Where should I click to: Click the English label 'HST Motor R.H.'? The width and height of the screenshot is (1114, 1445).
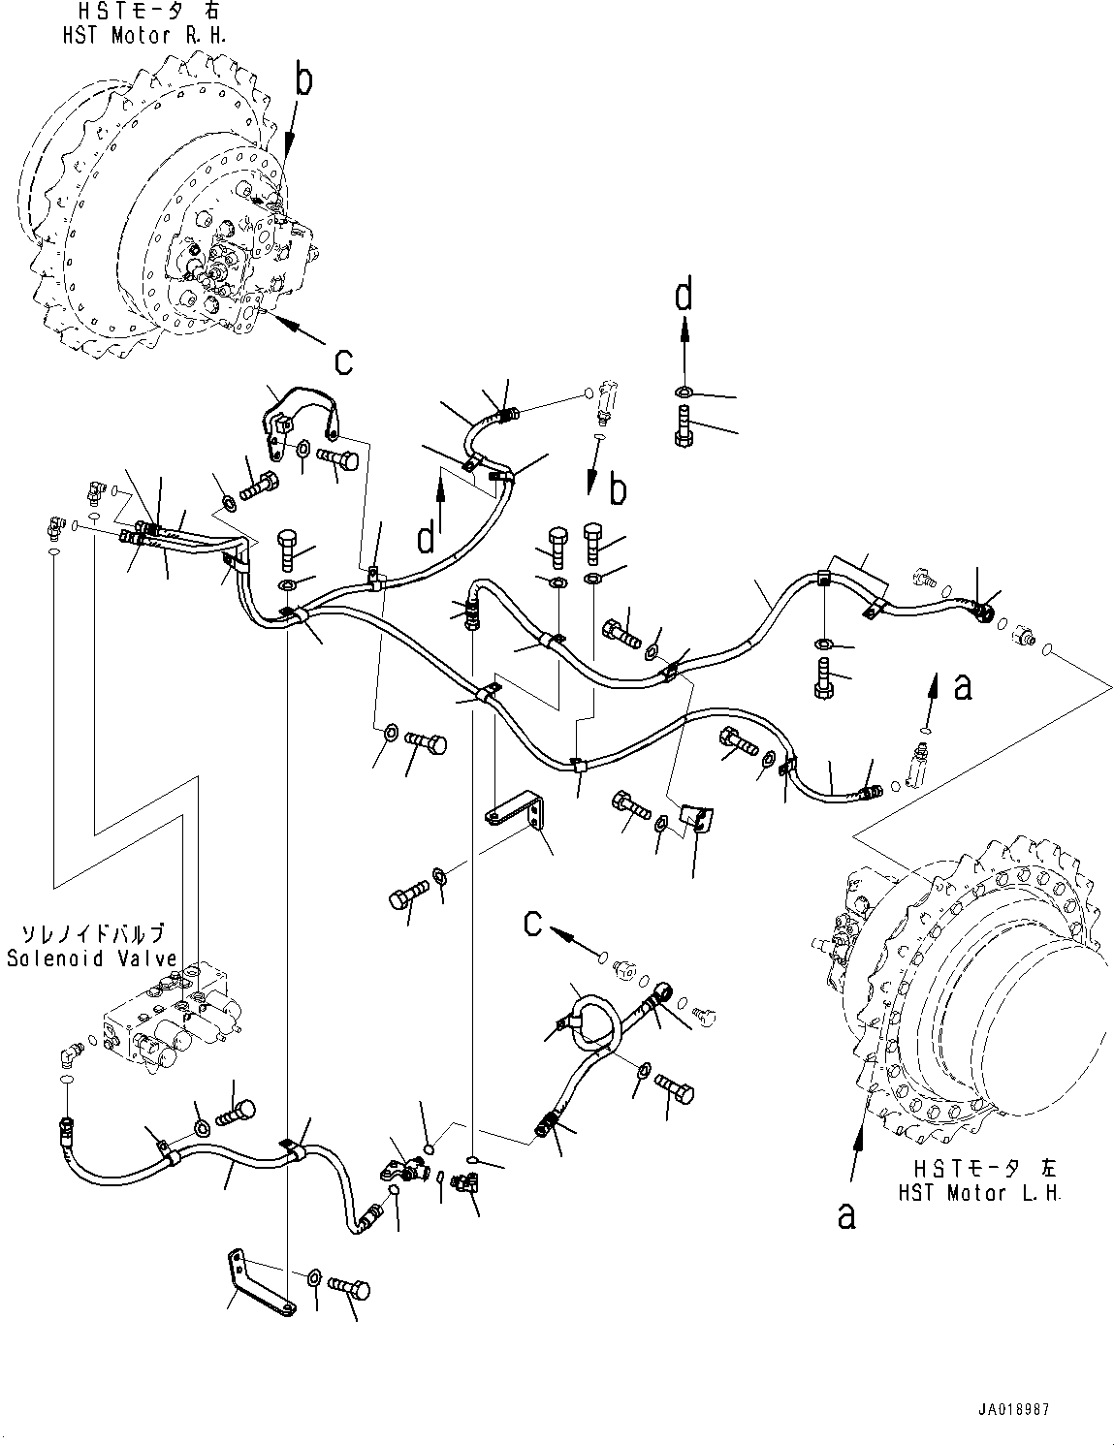coord(144,36)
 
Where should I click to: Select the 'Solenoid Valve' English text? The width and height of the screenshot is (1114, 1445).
coord(92,958)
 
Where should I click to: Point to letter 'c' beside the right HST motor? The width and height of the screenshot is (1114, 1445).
coord(343,362)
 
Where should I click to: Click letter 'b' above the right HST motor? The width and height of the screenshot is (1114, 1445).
coord(303,81)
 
